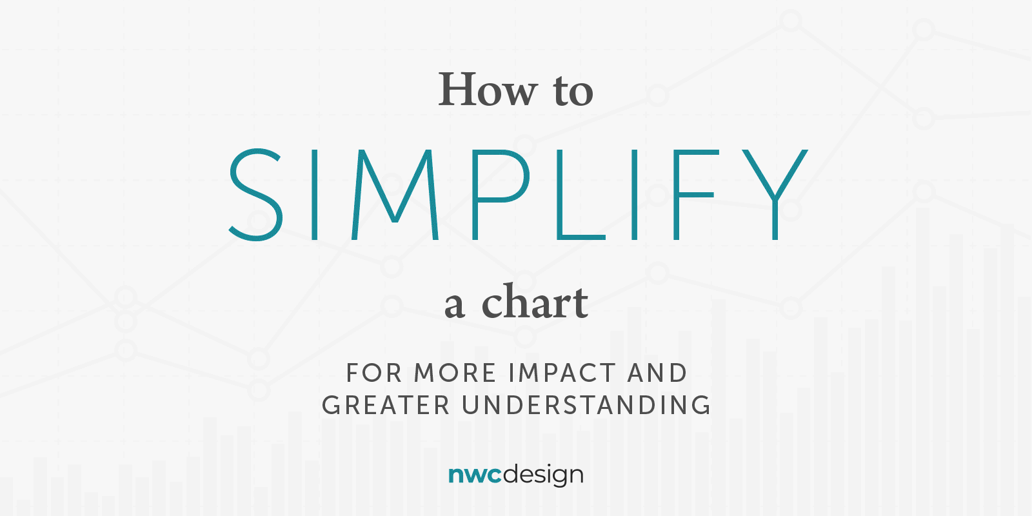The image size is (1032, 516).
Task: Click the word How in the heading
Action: pyautogui.click(x=488, y=90)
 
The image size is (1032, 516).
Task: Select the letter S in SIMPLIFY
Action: pyautogui.click(x=255, y=194)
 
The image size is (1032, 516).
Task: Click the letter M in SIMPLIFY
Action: pyautogui.click(x=395, y=194)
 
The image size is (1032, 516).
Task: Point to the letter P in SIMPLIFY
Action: pyautogui.click(x=501, y=194)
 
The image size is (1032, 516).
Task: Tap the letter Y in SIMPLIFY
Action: pyautogui.click(x=775, y=194)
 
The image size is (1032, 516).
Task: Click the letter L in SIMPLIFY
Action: pyautogui.click(x=580, y=194)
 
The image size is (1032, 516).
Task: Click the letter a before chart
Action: pyautogui.click(x=454, y=306)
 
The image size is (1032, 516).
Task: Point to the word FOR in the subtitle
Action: pyautogui.click(x=374, y=373)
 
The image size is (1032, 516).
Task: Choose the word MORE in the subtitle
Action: pyautogui.click(x=455, y=373)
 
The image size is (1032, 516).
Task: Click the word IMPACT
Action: pyautogui.click(x=562, y=373)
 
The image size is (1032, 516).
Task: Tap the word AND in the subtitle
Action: pyautogui.click(x=657, y=373)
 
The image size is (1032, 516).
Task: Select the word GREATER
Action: pyautogui.click(x=386, y=406)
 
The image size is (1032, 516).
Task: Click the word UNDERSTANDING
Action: pyautogui.click(x=586, y=406)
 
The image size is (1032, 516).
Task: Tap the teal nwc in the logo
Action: pyautogui.click(x=475, y=475)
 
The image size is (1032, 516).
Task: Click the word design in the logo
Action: pyautogui.click(x=543, y=475)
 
